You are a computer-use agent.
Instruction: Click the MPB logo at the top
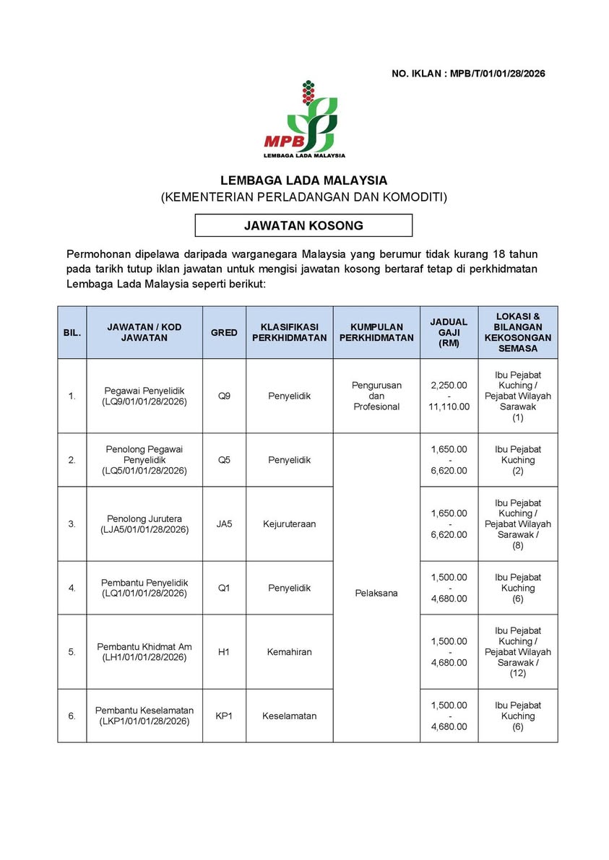pos(304,119)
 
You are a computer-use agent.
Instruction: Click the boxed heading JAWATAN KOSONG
pos(303,225)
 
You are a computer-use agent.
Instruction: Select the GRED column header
pos(224,332)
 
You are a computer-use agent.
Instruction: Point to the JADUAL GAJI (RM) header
pos(449,332)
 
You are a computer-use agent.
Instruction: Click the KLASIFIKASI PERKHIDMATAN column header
pos(289,332)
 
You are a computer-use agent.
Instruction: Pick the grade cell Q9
pos(224,396)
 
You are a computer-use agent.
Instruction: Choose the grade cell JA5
pos(224,524)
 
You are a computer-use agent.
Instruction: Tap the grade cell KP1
pos(224,716)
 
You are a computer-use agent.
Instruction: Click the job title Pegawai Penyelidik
pos(144,391)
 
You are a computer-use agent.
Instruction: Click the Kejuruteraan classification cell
pos(289,524)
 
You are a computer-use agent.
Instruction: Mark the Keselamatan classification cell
pos(289,716)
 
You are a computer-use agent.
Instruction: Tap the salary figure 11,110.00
pos(449,407)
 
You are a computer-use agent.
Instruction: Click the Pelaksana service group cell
pos(376,594)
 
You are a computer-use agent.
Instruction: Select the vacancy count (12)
pos(518,673)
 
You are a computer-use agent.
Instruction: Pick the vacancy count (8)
pos(518,545)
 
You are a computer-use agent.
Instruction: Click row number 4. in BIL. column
pos(72,588)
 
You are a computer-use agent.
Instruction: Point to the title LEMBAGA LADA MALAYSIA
pos(303,181)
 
